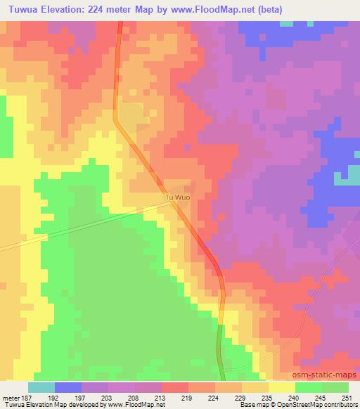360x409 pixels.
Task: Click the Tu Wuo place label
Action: (x=177, y=198)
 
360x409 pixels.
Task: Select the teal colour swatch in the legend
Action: (x=41, y=387)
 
